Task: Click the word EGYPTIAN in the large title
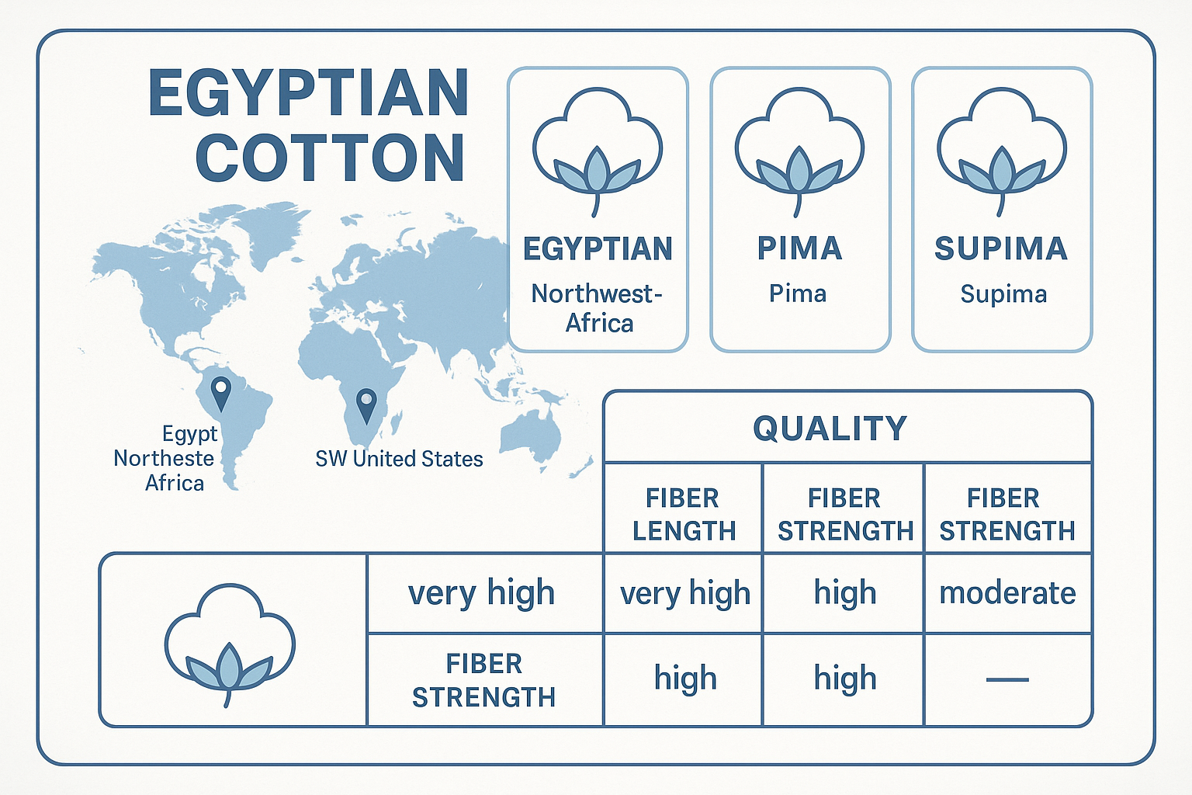pos(308,93)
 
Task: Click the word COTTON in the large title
pos(331,158)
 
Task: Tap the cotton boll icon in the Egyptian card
pos(597,148)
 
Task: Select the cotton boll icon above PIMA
pos(799,148)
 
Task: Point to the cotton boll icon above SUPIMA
pos(1001,148)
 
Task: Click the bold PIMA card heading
pos(799,248)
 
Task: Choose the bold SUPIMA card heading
pos(1001,248)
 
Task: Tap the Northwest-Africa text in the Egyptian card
pos(598,308)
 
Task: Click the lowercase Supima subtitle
pos(1003,294)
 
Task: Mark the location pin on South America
pos(221,393)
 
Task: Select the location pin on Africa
pos(366,405)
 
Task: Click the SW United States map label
pos(399,459)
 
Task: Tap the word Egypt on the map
pos(190,433)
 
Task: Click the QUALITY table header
pos(830,429)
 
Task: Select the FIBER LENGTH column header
pos(683,514)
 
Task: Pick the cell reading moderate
pos(1007,593)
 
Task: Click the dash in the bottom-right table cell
pos(1007,679)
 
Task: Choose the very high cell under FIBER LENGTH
pos(684,594)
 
